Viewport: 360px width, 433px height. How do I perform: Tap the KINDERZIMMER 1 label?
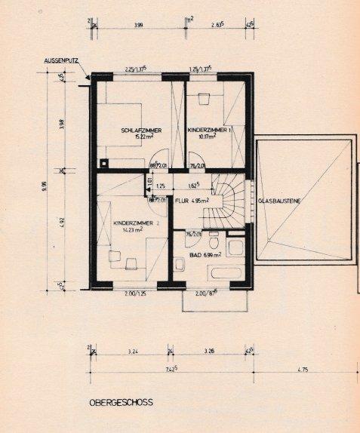[208, 131]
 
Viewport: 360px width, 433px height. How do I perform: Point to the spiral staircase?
[228, 198]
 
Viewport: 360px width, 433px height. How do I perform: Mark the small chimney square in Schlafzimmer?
[103, 161]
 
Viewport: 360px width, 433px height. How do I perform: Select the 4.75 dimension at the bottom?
[304, 370]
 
